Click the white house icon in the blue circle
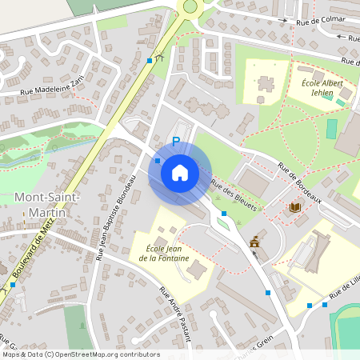click(180, 172)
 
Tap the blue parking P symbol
click(176, 142)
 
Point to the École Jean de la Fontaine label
click(157, 253)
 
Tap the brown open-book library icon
click(294, 208)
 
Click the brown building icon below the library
click(255, 241)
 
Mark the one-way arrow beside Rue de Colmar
click(343, 37)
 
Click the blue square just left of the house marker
click(157, 161)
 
